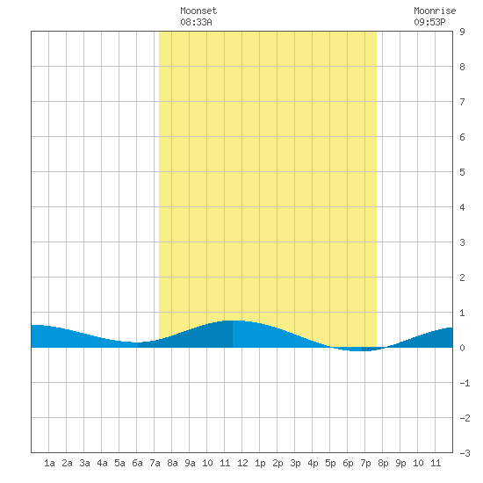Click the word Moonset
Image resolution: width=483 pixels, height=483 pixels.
point(198,11)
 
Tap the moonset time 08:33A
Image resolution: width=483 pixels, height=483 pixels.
point(196,22)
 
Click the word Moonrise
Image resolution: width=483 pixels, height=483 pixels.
point(435,11)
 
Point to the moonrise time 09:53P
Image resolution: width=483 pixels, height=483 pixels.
point(429,22)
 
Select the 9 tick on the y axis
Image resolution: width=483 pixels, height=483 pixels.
point(462,32)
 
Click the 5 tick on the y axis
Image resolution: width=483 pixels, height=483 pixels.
point(462,172)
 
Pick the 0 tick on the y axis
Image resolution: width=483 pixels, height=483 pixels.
point(462,348)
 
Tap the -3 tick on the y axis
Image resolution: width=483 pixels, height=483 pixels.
point(465,453)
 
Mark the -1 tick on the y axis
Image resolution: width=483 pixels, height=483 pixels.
point(465,383)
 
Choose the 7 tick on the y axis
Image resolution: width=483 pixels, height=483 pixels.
point(462,102)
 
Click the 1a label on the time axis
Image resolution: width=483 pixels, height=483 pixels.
point(49,463)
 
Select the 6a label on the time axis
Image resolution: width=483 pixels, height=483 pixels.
point(137,463)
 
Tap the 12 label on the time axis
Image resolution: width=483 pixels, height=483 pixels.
point(242,463)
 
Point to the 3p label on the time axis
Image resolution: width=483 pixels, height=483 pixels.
point(295,463)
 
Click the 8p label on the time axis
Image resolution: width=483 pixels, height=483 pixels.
point(383,463)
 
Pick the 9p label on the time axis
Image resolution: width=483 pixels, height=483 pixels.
point(400,463)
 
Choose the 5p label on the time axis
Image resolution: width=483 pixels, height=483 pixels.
point(330,463)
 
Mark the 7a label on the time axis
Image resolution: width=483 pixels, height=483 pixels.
point(155,463)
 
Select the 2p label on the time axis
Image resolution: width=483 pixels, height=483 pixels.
point(278,463)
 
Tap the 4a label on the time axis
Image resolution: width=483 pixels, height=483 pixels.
point(102,463)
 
